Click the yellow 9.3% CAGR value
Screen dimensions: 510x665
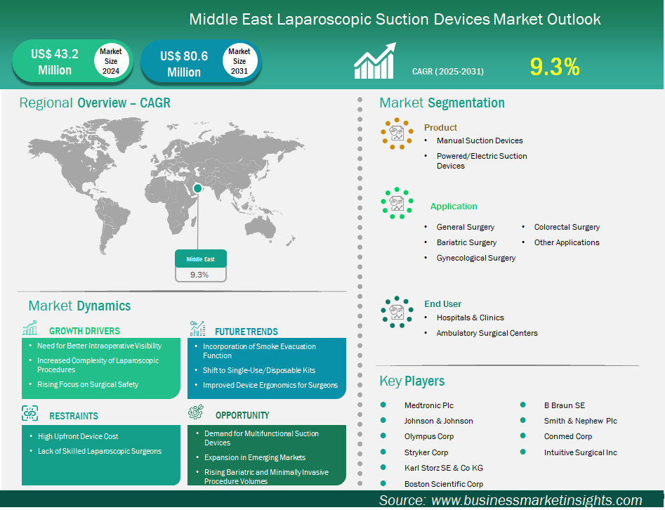554,67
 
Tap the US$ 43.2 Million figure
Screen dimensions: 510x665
55,62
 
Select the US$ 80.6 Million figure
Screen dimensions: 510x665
184,64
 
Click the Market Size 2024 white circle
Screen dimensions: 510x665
111,61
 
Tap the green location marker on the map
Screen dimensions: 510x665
198,188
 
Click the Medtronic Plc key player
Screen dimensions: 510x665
429,405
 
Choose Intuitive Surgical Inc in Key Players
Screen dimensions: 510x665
580,452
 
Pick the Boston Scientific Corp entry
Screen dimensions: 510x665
443,483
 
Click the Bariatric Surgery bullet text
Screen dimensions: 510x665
466,242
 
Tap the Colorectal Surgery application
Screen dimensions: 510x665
567,227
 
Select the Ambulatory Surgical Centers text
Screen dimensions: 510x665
487,333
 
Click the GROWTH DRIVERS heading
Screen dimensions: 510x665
84,331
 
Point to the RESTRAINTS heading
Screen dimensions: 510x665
74,416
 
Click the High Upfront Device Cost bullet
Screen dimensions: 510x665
78,436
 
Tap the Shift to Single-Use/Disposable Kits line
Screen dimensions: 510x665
259,370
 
